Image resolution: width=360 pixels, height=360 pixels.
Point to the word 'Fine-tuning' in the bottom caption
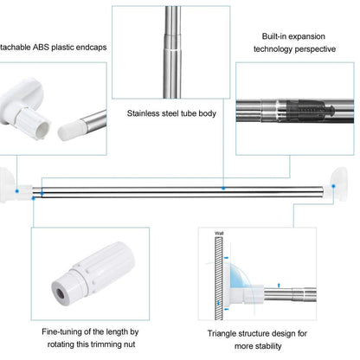coord(66,331)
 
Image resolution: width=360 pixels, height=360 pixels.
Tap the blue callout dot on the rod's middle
coord(222,186)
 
